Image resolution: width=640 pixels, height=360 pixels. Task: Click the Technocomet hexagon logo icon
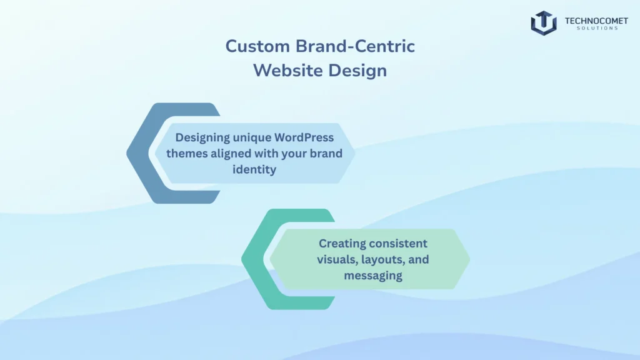tap(543, 22)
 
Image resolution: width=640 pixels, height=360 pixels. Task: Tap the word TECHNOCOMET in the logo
tap(592, 20)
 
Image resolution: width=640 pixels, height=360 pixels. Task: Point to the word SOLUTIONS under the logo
tap(592, 29)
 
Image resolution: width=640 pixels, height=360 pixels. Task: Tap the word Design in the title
tap(356, 71)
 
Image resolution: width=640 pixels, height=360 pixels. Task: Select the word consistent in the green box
tap(399, 243)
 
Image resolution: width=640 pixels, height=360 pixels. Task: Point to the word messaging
tap(373, 274)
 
